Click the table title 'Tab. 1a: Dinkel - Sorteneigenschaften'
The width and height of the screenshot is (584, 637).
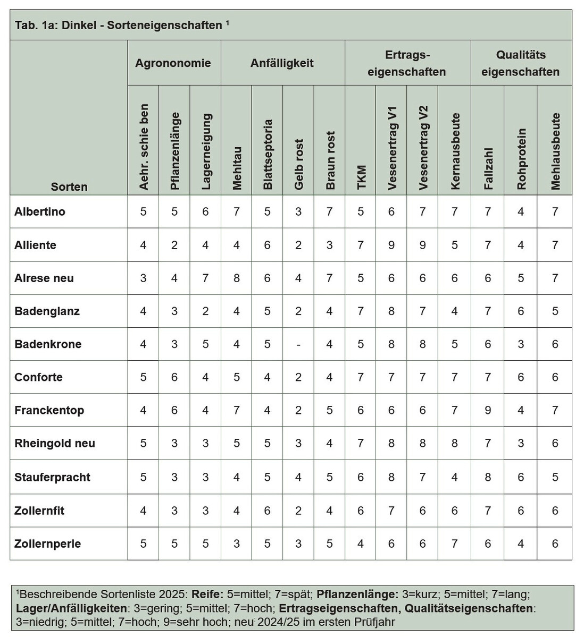tap(119, 26)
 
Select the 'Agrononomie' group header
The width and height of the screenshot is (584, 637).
tap(173, 63)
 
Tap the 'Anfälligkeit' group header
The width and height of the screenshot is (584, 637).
tap(282, 63)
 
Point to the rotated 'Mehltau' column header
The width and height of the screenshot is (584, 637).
tap(237, 168)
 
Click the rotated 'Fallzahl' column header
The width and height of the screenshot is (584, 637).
tap(489, 169)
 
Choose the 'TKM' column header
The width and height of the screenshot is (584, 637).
tap(362, 177)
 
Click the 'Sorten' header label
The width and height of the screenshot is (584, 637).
tap(69, 187)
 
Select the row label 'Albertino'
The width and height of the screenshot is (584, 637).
tap(40, 211)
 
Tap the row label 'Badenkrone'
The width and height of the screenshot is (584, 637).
tap(48, 344)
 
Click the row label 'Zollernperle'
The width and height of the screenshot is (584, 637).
tap(48, 543)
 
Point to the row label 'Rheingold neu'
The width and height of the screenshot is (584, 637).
tap(55, 443)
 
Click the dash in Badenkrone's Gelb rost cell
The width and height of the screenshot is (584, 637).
tap(298, 344)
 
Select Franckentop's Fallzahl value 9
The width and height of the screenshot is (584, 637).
tap(488, 410)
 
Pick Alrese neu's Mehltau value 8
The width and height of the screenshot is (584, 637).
tap(237, 278)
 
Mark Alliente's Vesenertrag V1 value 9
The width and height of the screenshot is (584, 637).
tap(391, 245)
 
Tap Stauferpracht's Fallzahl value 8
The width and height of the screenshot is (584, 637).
tap(488, 477)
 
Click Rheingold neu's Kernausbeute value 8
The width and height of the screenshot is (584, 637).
tap(454, 443)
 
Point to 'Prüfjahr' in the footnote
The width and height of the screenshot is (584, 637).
tap(376, 622)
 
